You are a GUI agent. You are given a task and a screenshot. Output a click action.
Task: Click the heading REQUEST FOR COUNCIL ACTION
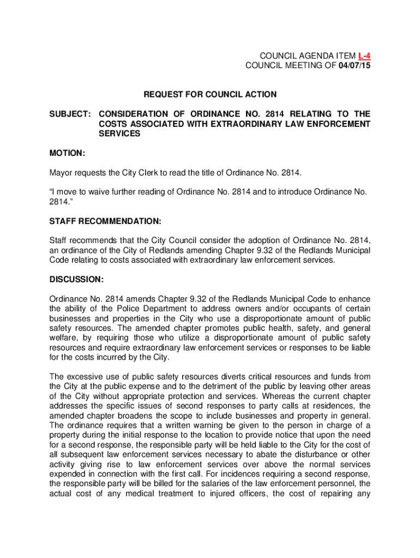click(210, 95)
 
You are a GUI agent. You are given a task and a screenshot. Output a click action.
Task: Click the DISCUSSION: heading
click(76, 280)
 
